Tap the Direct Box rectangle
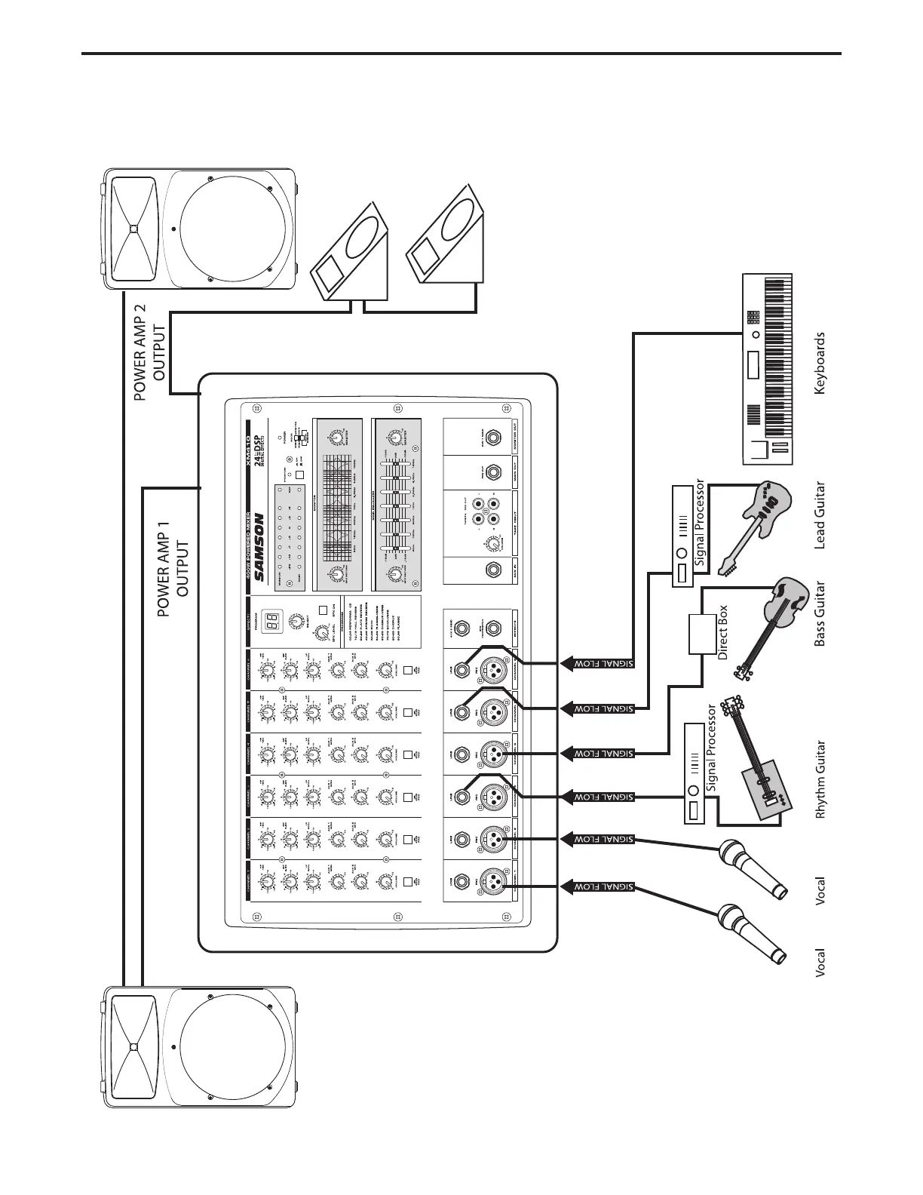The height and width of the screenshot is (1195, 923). (x=701, y=634)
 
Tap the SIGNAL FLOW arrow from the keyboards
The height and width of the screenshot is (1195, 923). (x=596, y=664)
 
